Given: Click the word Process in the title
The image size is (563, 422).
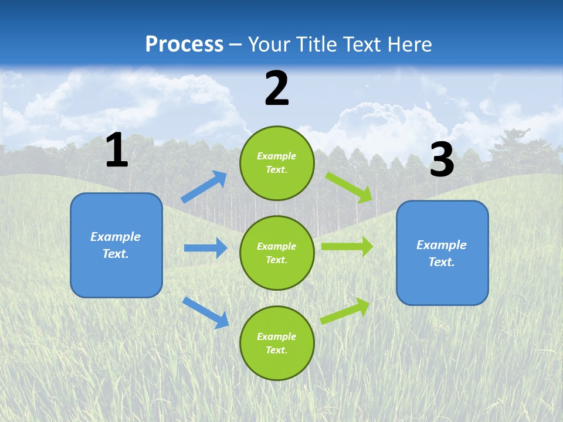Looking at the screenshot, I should click(184, 45).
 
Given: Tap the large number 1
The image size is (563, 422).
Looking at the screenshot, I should click(117, 151).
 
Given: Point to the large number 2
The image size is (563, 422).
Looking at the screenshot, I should click(277, 89).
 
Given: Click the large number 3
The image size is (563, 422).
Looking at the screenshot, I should click(442, 160).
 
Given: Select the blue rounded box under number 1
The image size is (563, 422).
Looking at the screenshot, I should click(116, 245).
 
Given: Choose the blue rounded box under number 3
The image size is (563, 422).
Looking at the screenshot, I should click(442, 253).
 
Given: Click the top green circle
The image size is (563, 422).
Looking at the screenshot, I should click(277, 163).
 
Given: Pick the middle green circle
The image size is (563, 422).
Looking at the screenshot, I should click(277, 253).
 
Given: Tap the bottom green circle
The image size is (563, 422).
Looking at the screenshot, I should click(277, 343).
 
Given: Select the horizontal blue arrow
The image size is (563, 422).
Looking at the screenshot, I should click(205, 248).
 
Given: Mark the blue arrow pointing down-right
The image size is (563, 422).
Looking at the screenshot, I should click(206, 312).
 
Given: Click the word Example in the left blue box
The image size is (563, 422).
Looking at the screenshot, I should click(116, 237).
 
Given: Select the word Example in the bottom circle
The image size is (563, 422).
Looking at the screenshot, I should click(276, 336).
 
